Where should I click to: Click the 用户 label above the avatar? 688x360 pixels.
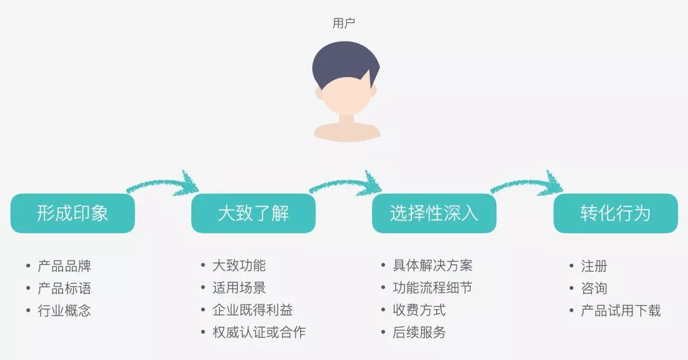point(344,24)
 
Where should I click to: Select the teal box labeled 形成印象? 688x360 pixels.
point(73,213)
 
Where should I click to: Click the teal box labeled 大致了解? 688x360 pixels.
point(254,213)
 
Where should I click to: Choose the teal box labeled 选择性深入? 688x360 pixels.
point(434,213)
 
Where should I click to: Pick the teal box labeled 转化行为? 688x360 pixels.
point(615,213)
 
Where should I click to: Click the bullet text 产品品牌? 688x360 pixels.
point(64,266)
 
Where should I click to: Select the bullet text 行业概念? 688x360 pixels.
point(64,311)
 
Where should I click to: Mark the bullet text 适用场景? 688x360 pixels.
point(239,288)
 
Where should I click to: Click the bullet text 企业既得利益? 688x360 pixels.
point(252,310)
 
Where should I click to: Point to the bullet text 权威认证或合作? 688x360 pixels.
point(259,333)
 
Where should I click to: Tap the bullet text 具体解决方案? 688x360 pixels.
point(433,266)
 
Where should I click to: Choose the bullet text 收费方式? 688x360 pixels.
point(419,310)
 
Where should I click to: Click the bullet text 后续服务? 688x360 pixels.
point(419,333)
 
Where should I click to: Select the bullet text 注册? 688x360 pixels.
point(594,266)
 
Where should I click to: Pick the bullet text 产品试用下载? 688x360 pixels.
point(620,311)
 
